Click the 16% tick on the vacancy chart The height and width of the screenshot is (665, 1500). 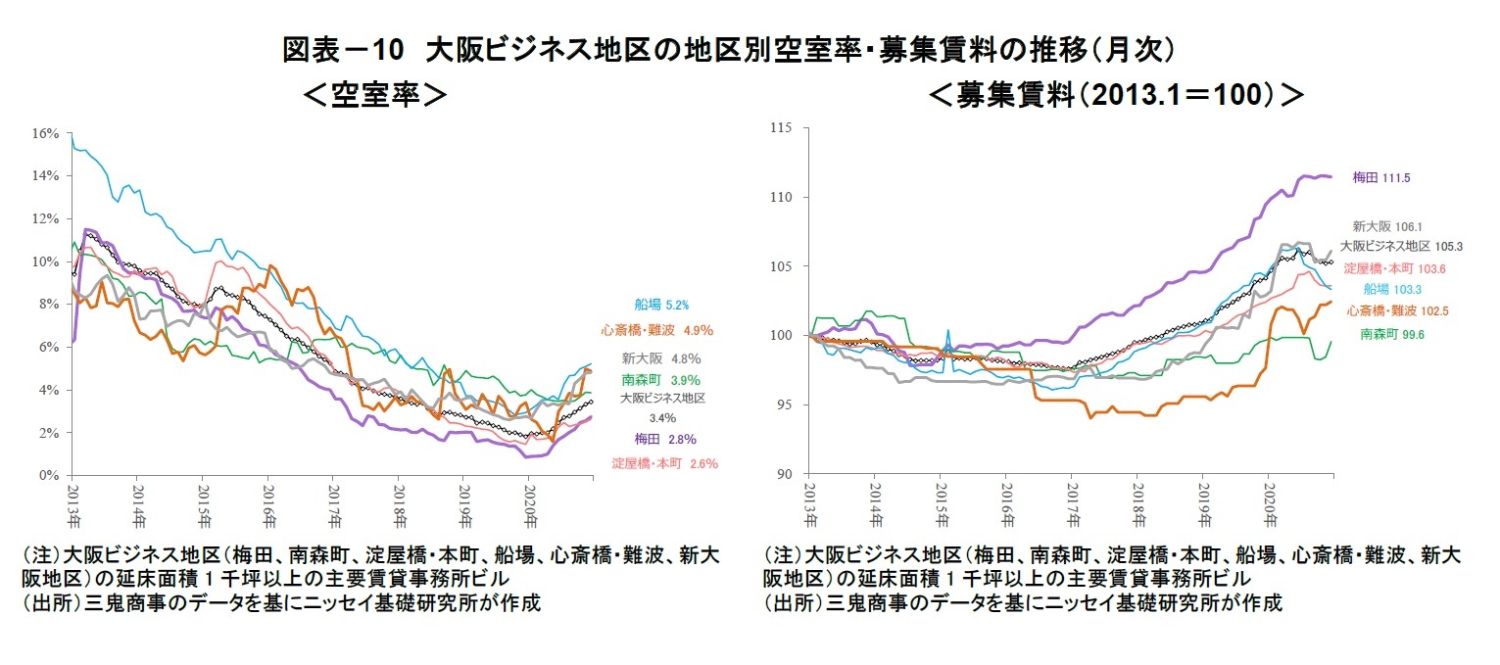click(46, 132)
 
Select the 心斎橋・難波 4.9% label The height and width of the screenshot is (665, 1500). click(656, 331)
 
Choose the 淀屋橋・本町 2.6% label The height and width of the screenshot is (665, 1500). click(664, 463)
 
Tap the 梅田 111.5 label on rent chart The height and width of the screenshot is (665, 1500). click(1381, 178)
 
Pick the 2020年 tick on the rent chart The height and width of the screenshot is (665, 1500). click(1269, 501)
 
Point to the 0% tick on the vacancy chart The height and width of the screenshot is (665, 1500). click(49, 475)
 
